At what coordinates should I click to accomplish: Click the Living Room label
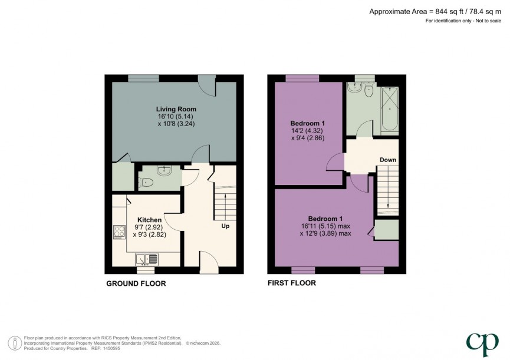(176, 109)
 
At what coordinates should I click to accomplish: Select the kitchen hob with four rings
(119, 232)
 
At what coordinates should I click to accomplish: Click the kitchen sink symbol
(147, 258)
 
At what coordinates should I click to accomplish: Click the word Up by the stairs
(225, 226)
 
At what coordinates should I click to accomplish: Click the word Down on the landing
(387, 160)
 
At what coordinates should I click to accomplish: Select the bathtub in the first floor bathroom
(390, 110)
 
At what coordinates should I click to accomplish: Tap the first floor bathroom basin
(354, 88)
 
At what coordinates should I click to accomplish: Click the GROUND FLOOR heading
(136, 283)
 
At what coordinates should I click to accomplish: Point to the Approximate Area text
(436, 11)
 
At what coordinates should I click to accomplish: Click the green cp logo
(482, 343)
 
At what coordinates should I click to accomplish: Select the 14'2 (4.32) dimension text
(308, 130)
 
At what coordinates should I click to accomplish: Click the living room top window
(143, 77)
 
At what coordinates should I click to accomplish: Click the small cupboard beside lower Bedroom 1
(386, 230)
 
